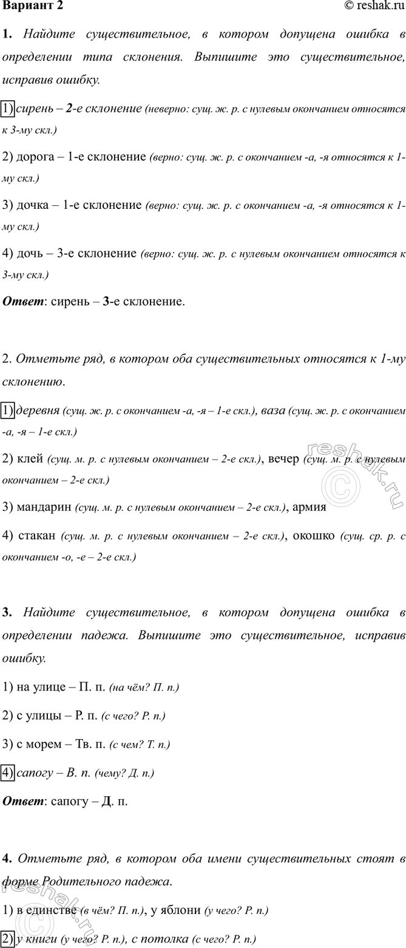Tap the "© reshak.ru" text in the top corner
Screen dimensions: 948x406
coord(374,6)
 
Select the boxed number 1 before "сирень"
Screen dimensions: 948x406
coord(8,109)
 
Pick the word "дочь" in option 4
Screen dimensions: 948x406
coord(31,253)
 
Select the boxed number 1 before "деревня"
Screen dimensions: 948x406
coord(8,411)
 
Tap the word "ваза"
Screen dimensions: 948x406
coord(274,411)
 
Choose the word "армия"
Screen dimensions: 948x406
coord(310,506)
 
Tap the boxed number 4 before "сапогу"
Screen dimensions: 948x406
coord(8,772)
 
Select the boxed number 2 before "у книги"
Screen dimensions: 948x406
coord(8,938)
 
